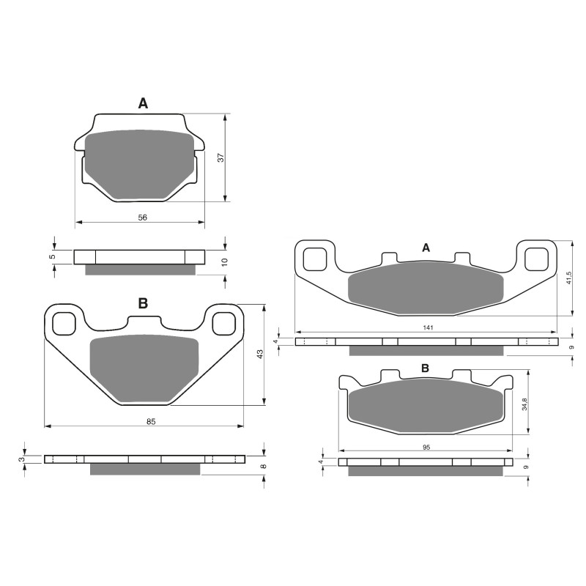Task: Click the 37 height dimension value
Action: pyautogui.click(x=220, y=157)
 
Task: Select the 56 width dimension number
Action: pyautogui.click(x=143, y=218)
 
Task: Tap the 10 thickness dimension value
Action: pyautogui.click(x=225, y=262)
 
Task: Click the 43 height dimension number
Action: pyautogui.click(x=259, y=354)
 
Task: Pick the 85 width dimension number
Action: pyautogui.click(x=151, y=420)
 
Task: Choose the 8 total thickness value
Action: pyautogui.click(x=263, y=466)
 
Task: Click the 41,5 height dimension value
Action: pyautogui.click(x=570, y=279)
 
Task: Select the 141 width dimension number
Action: pyautogui.click(x=428, y=328)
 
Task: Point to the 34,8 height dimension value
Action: pyautogui.click(x=525, y=404)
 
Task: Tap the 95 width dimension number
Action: pyautogui.click(x=426, y=445)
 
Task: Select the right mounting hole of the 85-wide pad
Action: pyautogui.click(x=222, y=322)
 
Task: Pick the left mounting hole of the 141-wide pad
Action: pyautogui.click(x=315, y=259)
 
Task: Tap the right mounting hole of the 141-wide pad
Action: pyautogui.click(x=536, y=259)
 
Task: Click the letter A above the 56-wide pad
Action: pyautogui.click(x=143, y=104)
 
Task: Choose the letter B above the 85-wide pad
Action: pyautogui.click(x=143, y=303)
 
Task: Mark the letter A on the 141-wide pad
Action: pyautogui.click(x=426, y=248)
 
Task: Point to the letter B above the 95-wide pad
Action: pyautogui.click(x=425, y=368)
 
